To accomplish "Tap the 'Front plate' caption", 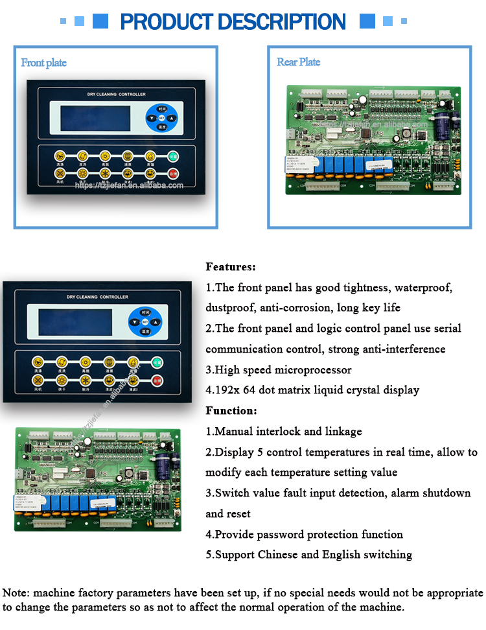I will click(43, 62).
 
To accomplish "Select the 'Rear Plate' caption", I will click(298, 62).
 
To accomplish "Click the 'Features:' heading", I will click(231, 266).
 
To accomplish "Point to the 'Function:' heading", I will click(231, 410).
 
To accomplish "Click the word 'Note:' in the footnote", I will click(16, 593).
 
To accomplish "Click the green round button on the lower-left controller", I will click(156, 362).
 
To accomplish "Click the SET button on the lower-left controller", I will click(144, 321).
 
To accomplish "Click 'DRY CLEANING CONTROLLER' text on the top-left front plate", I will click(117, 95).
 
